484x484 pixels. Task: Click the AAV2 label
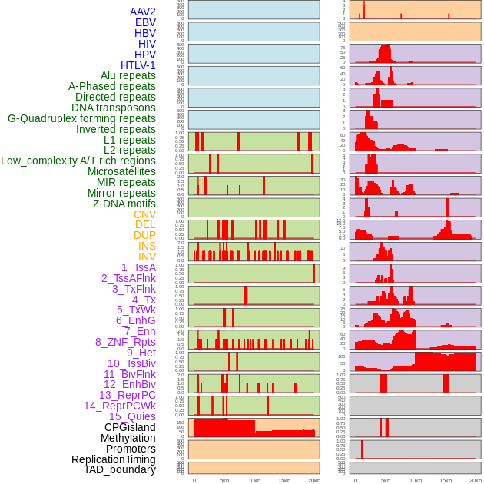[x=143, y=12]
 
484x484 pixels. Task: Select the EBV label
[x=145, y=22]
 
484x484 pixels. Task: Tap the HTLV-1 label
[x=138, y=65]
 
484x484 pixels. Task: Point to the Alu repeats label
[x=128, y=75]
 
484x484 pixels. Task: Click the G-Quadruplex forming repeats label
[x=81, y=118]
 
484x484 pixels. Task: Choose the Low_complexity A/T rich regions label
[x=78, y=161]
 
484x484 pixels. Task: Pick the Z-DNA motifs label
[x=124, y=204]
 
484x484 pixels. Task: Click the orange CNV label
[x=144, y=214]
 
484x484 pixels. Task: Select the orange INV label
[x=147, y=257]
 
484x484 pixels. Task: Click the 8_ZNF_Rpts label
[x=125, y=342]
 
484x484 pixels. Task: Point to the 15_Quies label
[x=132, y=416]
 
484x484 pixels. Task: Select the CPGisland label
[x=130, y=427]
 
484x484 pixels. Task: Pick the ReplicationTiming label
[x=114, y=459]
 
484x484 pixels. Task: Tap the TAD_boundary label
[x=120, y=469]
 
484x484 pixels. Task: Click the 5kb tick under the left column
[x=224, y=480]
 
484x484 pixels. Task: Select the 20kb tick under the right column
[x=476, y=480]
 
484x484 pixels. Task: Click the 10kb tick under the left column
[x=254, y=480]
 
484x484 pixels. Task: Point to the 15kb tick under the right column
[x=446, y=480]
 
